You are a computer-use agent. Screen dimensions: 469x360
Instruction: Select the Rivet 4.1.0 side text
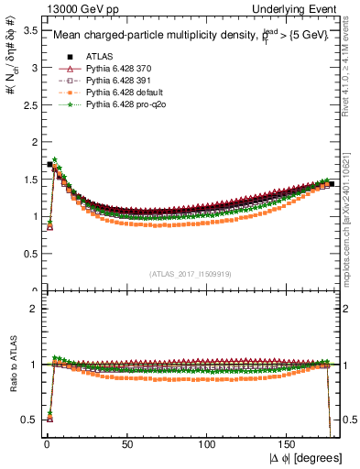(x=352, y=60)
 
